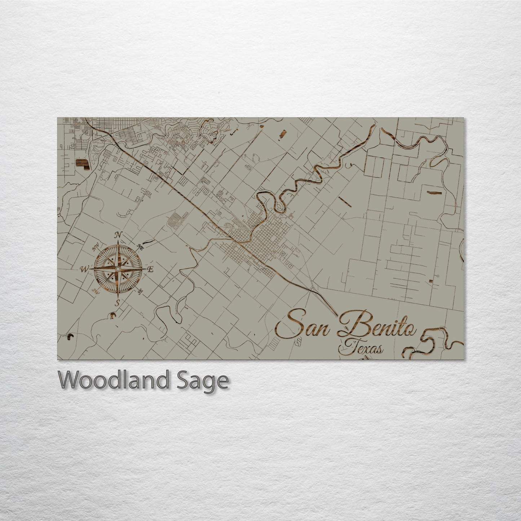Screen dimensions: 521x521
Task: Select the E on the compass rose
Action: click(151, 269)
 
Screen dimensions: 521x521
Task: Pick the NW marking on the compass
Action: click(96, 248)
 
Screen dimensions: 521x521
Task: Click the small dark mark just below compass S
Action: click(113, 316)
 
